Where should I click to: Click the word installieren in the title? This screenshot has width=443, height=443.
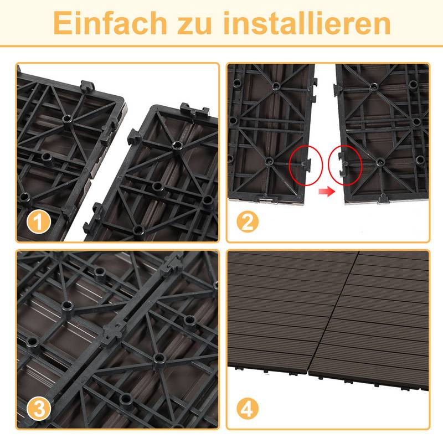click(x=307, y=23)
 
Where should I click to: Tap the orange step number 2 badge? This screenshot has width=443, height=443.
click(x=248, y=223)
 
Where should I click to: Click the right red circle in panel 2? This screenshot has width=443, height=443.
click(x=345, y=164)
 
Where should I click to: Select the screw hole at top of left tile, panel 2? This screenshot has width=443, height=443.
click(x=275, y=86)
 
